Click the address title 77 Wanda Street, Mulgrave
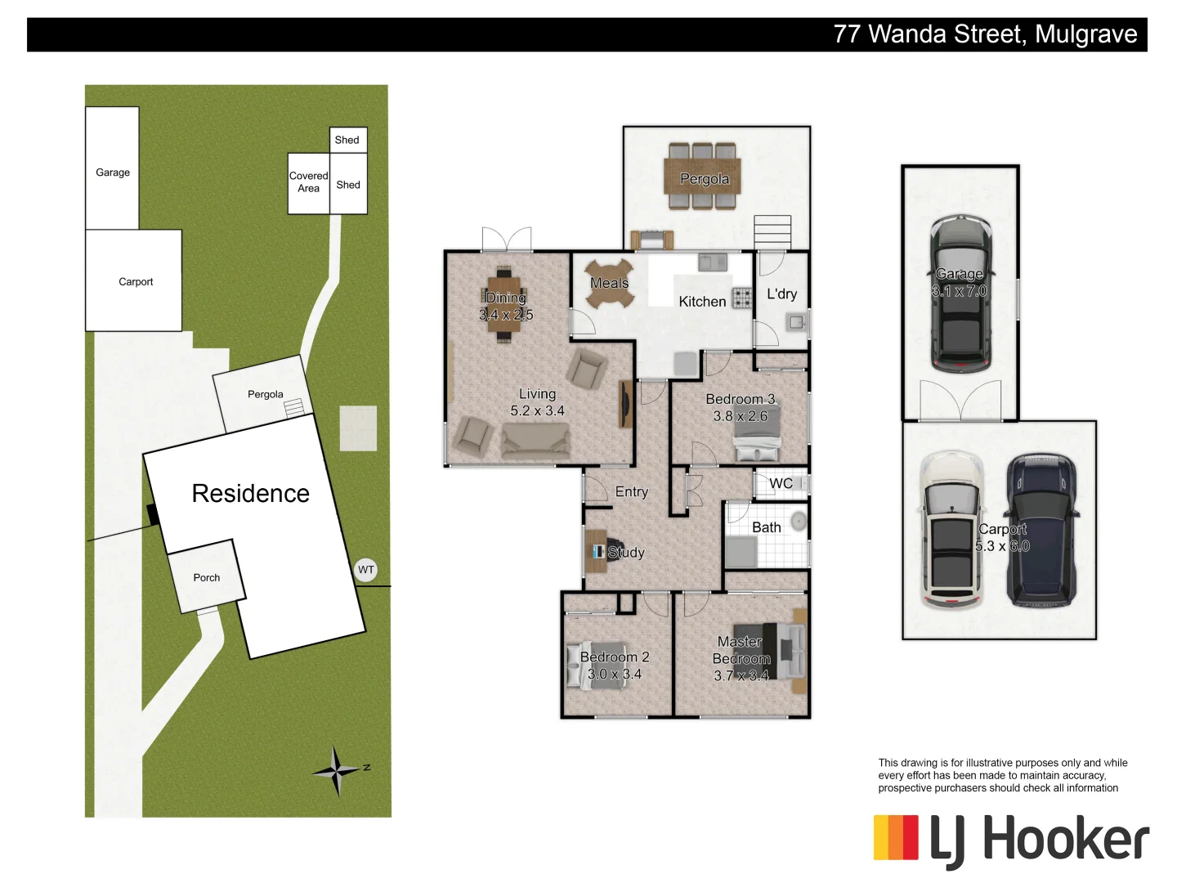coord(985,34)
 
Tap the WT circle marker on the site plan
coord(366,570)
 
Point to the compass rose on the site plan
coord(337,770)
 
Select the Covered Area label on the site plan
coord(308,182)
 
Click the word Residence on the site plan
coord(250,494)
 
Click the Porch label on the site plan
coord(207,578)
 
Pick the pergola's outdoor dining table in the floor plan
coord(703,177)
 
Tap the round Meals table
coord(609,284)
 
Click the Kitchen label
coord(702,302)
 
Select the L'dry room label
coord(781,294)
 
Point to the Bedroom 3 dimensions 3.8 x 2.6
coord(740,416)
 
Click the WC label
coord(781,484)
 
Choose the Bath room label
coord(766,528)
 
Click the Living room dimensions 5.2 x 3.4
coord(537,411)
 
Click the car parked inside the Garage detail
coord(960,294)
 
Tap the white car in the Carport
coord(951,531)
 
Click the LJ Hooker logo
coord(1011,840)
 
